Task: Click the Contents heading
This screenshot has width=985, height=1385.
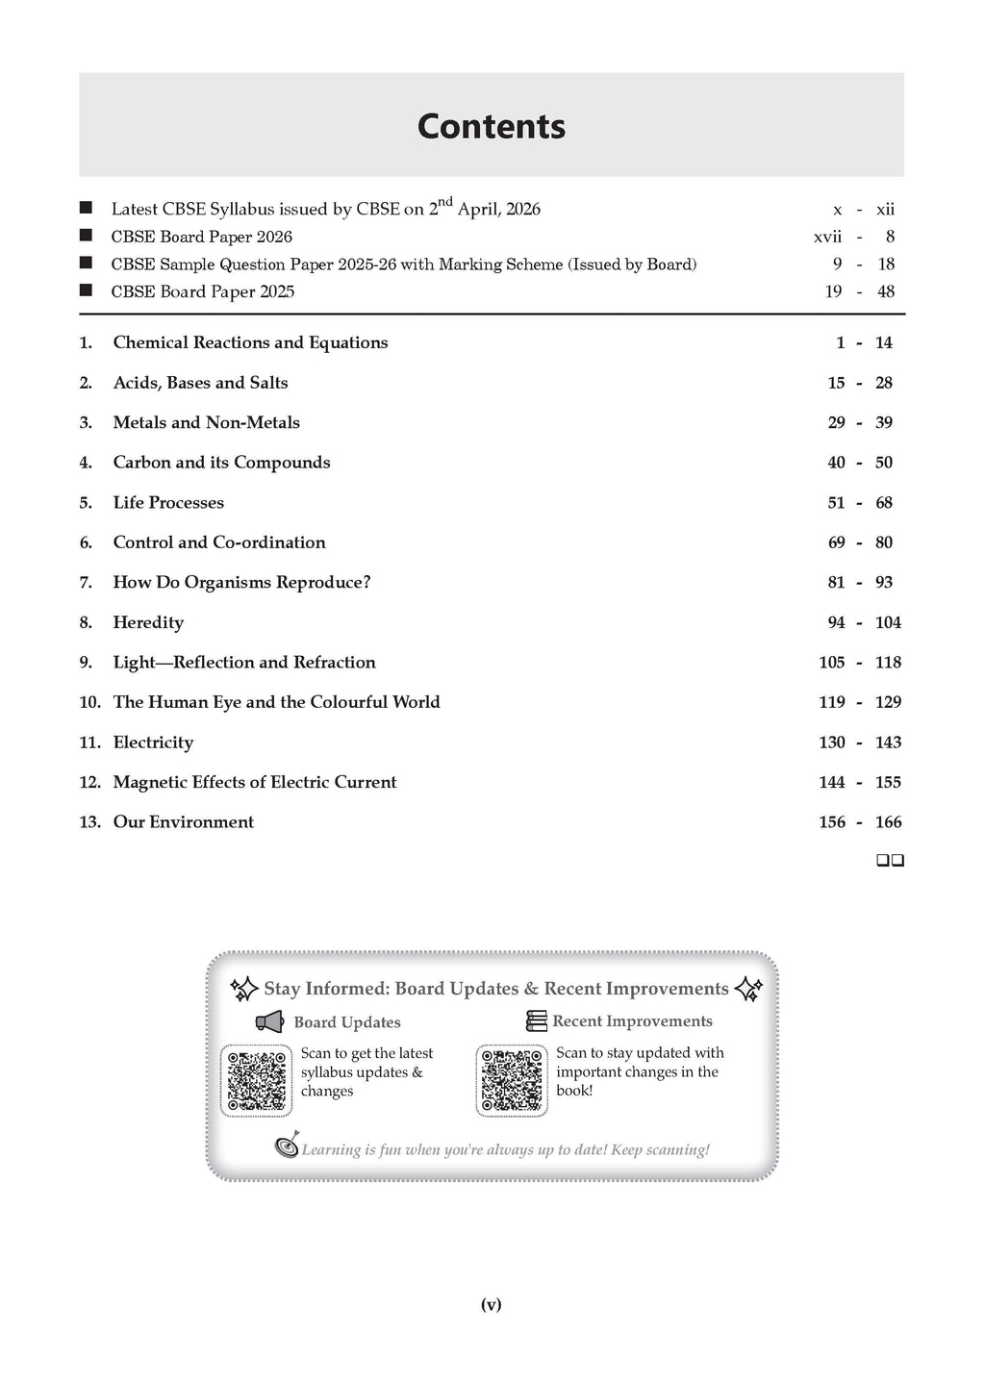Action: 492,127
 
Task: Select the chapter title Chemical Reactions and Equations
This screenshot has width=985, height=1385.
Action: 250,342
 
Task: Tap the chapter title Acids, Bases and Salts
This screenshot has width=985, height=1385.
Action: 200,383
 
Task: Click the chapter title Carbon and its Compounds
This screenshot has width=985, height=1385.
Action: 221,463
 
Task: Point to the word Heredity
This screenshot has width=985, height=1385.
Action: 148,622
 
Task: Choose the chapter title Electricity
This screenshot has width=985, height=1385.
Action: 153,743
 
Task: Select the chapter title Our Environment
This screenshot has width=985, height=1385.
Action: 184,822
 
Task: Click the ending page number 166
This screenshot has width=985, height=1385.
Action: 888,822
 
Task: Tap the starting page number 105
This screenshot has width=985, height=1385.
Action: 832,663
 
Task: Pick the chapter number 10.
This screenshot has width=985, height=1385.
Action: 89,702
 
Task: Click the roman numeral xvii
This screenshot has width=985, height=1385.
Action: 827,237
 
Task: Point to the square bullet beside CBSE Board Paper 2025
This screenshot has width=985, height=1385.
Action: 87,290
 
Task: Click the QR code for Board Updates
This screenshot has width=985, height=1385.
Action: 257,1080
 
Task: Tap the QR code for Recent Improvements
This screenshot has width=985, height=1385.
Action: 512,1080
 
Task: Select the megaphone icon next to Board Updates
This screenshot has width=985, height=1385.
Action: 269,1021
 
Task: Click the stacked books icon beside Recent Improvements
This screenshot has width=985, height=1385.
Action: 537,1020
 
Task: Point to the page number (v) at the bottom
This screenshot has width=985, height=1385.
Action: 492,1304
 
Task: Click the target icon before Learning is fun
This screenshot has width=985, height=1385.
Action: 288,1146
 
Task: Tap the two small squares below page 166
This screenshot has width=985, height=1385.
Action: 890,861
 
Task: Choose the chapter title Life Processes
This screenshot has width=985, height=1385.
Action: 168,503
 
